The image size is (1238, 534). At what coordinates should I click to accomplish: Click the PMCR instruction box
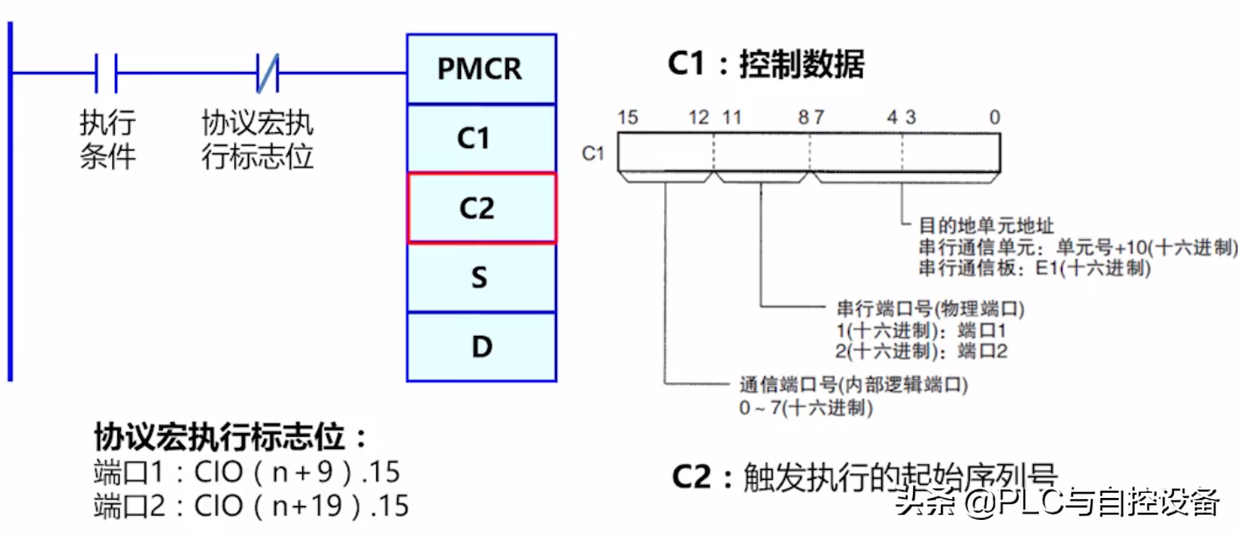[x=481, y=68]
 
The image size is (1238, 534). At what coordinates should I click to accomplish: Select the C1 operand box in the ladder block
[x=481, y=139]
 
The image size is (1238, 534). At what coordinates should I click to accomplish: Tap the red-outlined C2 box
[x=481, y=208]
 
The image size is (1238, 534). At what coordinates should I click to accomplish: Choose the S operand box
[x=481, y=277]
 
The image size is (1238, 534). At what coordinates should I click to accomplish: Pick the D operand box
[x=481, y=346]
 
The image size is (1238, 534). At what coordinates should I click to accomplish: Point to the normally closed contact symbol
[x=267, y=73]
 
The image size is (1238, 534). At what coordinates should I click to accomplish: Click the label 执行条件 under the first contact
[x=108, y=140]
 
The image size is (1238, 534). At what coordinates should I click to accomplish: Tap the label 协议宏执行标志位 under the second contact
[x=258, y=140]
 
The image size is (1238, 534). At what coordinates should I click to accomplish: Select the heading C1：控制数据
[x=766, y=65]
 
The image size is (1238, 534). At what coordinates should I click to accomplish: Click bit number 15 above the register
[x=626, y=117]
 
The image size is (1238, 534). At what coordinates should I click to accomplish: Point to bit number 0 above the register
[x=994, y=117]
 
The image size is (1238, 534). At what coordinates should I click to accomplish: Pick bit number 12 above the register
[x=698, y=117]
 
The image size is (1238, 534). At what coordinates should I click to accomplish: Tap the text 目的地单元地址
[x=972, y=226]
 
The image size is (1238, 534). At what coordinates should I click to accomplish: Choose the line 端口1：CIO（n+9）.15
[x=246, y=473]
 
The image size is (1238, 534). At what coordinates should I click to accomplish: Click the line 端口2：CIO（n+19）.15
[x=251, y=506]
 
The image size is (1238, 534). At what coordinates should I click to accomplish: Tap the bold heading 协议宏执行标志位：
[x=231, y=438]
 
